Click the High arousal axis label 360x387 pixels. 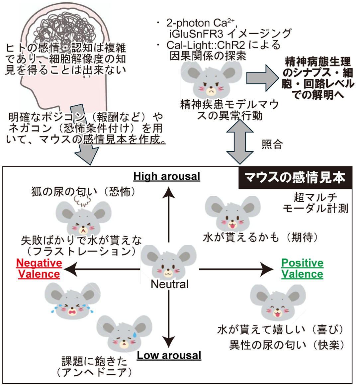(167, 176)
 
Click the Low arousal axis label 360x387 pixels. (169, 355)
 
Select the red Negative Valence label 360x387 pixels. (39, 268)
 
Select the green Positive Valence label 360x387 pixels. (302, 268)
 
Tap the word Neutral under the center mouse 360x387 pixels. (170, 284)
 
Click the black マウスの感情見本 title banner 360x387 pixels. (295, 178)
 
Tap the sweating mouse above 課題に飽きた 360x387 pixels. (125, 334)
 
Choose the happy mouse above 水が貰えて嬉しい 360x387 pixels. (277, 302)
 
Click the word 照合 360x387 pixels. (272, 144)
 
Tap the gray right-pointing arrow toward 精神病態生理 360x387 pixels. (262, 77)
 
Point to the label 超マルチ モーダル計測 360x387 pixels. (315, 203)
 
